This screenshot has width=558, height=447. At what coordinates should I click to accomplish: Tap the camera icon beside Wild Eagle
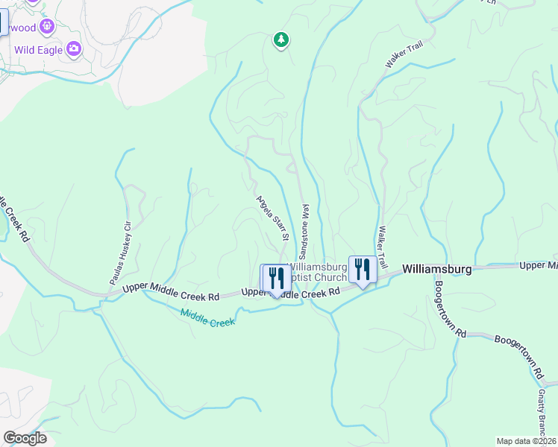point(73,50)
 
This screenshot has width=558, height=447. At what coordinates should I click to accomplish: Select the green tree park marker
point(280,39)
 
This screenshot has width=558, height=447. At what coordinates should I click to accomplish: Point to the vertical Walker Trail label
point(383,248)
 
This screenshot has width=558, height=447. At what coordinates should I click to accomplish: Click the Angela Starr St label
point(272,220)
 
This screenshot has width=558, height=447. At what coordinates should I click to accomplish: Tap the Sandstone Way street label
point(305,227)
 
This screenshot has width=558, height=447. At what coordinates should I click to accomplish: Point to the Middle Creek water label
point(207,317)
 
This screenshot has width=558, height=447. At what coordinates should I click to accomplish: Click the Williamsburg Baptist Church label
point(317,272)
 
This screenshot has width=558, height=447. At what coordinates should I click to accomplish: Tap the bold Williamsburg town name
point(436,270)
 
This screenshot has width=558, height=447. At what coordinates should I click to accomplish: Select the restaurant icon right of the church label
point(362,269)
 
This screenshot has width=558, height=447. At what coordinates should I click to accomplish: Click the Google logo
point(25,438)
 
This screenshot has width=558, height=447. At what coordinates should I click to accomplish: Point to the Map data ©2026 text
point(526,440)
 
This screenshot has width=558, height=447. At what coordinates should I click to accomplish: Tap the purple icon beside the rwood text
point(48,28)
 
